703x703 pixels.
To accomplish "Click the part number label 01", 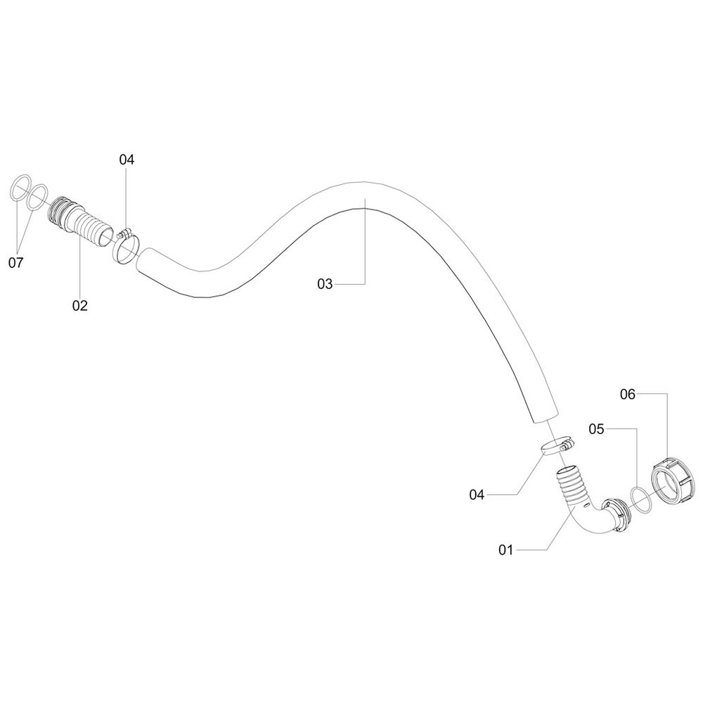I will click(506, 550).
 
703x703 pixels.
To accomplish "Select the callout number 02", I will click(79, 305).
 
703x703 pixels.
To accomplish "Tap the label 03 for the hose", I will click(324, 284).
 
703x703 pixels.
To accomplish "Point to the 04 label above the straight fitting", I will click(127, 160).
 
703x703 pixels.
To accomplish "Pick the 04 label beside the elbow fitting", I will click(477, 495).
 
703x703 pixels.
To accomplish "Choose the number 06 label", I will click(628, 395).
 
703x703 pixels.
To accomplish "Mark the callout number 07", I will click(15, 263).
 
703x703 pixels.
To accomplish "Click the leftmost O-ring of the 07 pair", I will click(20, 191).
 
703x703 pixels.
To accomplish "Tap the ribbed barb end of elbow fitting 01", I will click(571, 484).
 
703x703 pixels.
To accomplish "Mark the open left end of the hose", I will click(143, 264).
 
